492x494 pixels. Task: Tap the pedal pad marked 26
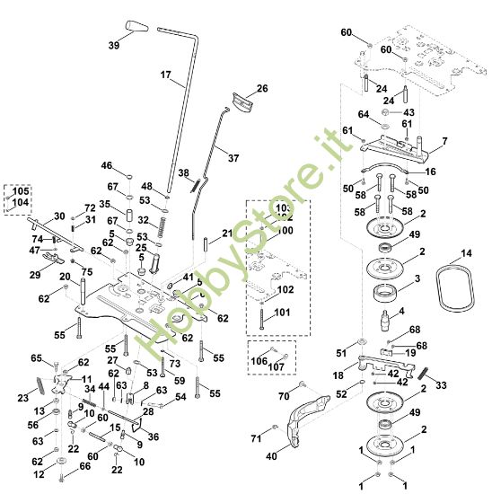[x=242, y=102]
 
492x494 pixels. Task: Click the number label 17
[x=165, y=75]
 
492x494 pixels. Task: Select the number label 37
[x=233, y=158]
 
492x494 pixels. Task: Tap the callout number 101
[x=283, y=313]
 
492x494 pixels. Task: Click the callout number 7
[x=444, y=142]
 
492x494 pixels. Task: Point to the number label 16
[x=430, y=172]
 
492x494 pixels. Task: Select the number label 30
[x=59, y=216]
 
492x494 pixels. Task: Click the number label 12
[x=39, y=473]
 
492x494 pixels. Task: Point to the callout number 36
[x=154, y=437]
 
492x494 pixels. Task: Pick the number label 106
[x=259, y=361]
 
